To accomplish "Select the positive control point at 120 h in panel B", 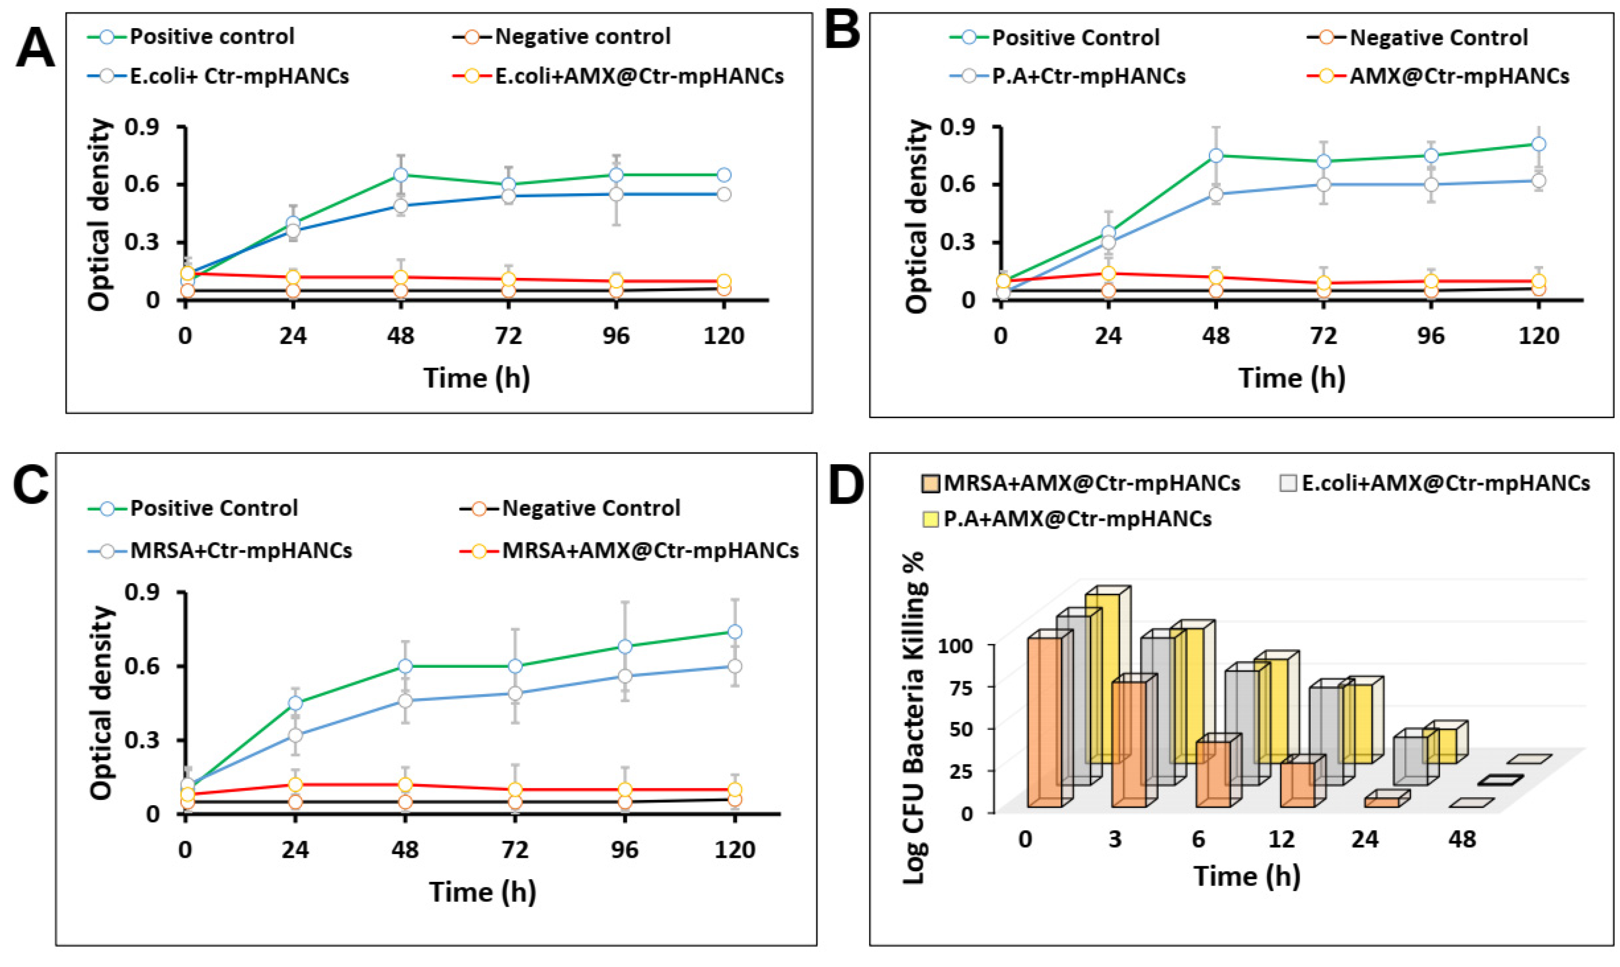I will pos(1539,144).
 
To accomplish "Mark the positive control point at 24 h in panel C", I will pos(295,703).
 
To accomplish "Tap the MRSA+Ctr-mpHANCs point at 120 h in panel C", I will pos(735,666).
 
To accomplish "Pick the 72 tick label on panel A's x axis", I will pos(508,336).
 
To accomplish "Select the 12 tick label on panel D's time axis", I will pos(1282,839).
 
